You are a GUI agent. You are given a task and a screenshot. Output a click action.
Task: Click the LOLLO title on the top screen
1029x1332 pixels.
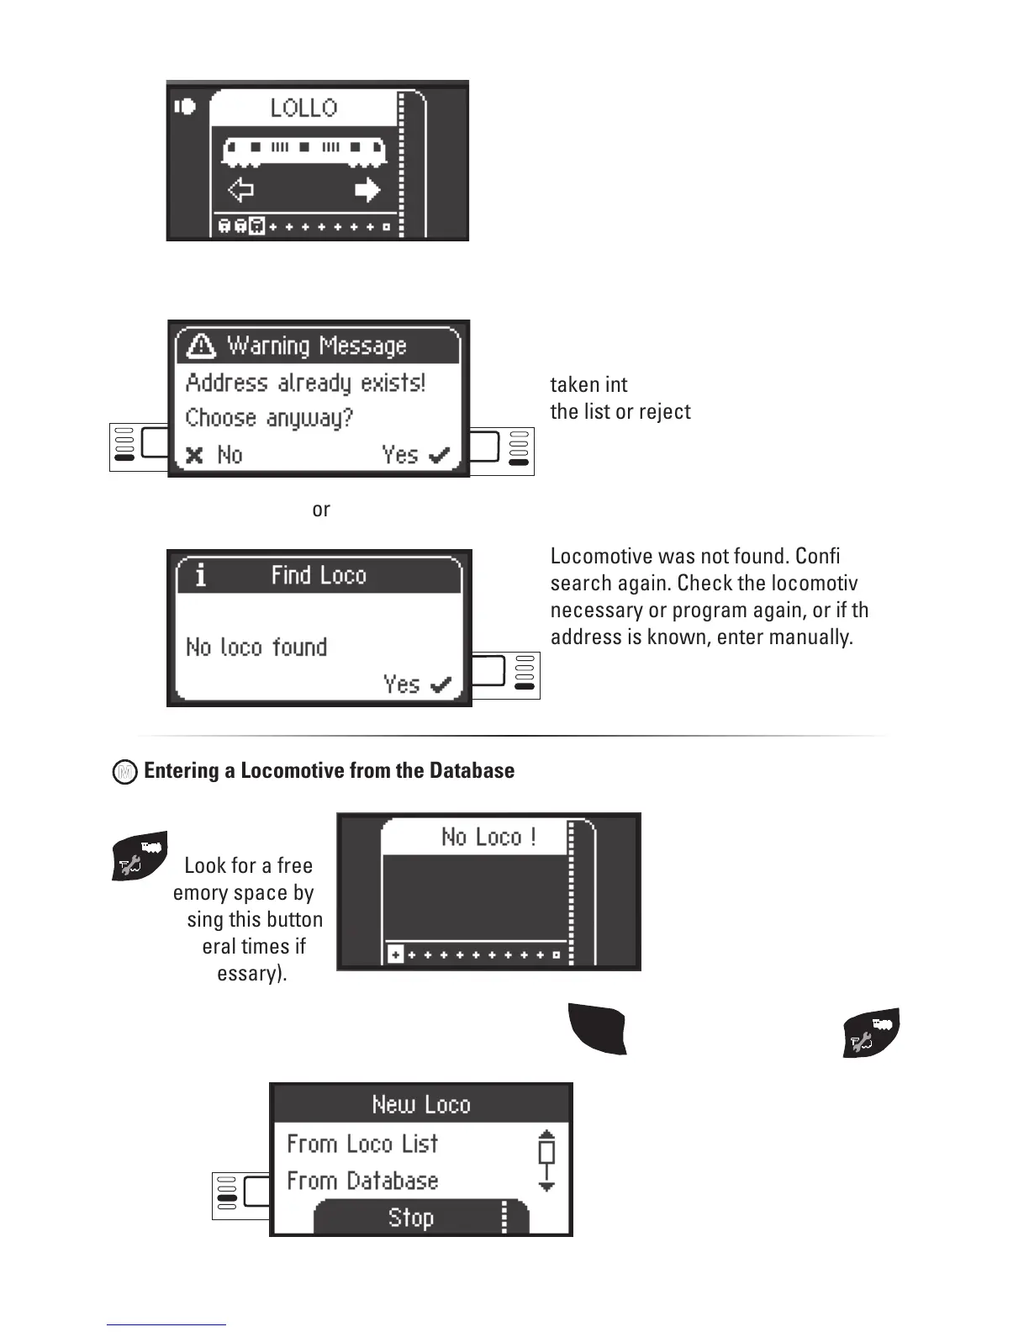coord(303,108)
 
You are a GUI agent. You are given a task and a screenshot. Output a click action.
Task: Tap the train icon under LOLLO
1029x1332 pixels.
coord(303,151)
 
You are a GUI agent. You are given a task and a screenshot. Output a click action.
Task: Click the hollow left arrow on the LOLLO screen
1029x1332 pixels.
coord(240,190)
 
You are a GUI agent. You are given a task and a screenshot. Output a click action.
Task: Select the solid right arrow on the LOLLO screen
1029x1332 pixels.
coord(367,190)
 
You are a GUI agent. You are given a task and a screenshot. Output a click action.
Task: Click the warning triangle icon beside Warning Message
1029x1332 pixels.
coord(201,346)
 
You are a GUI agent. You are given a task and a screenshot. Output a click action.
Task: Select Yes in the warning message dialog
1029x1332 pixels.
coord(415,455)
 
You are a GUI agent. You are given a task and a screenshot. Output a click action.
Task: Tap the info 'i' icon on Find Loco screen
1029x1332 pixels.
coord(200,576)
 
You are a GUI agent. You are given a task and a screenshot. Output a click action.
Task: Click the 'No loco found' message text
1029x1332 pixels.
coord(256,647)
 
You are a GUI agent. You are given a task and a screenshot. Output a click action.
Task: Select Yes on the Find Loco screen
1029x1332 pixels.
coord(417,684)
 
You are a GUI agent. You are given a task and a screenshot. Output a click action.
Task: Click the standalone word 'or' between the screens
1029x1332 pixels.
coord(321,510)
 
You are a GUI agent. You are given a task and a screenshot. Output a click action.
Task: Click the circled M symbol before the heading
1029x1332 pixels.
coord(124,772)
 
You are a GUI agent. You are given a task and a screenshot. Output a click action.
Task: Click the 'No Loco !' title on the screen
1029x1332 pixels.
coord(488,838)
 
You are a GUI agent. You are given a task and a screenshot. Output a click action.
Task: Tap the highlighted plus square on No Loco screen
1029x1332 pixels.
coord(395,955)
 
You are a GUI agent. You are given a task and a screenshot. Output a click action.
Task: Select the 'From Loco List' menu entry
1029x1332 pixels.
coord(362,1144)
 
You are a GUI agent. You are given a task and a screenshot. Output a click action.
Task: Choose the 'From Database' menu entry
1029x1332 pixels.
coord(362,1181)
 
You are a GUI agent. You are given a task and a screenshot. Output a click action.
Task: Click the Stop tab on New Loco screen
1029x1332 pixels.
coord(411,1218)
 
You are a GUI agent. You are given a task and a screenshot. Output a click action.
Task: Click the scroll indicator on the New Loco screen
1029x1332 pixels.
coord(546,1160)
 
